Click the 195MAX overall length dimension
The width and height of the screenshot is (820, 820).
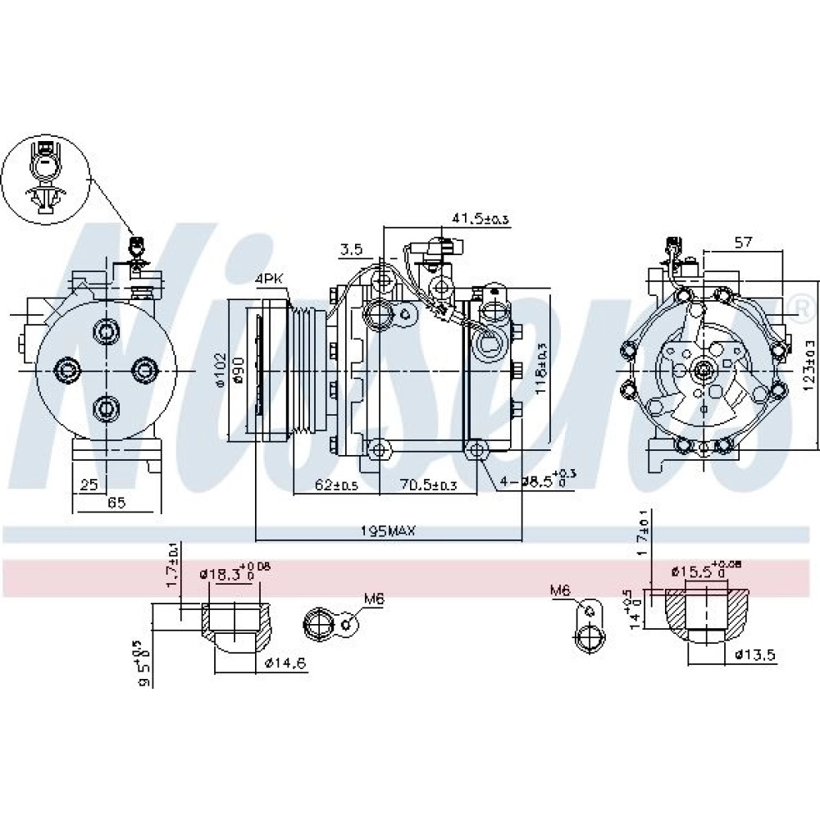tap(389, 531)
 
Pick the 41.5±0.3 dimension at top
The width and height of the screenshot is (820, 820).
tap(481, 218)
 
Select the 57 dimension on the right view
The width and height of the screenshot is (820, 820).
tap(742, 243)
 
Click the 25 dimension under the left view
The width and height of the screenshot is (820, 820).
tap(88, 485)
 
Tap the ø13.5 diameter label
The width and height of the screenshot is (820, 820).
tap(754, 654)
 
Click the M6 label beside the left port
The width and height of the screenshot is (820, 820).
tap(374, 599)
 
